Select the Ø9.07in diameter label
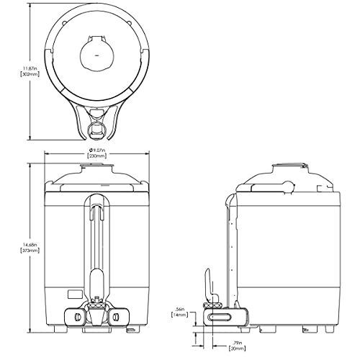coord(96,150)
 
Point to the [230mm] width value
coord(96,156)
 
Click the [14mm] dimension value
coord(180,315)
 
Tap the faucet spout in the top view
coord(96,130)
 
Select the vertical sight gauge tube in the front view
coord(96,238)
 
